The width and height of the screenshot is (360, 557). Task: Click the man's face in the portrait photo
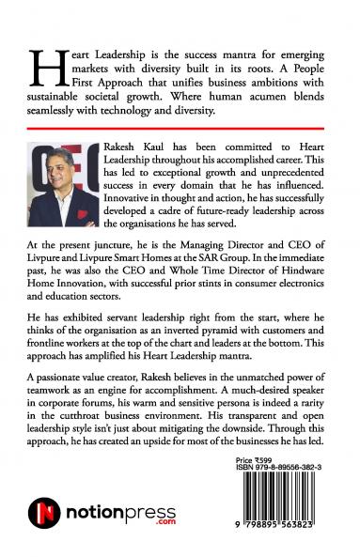pyautogui.click(x=69, y=171)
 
